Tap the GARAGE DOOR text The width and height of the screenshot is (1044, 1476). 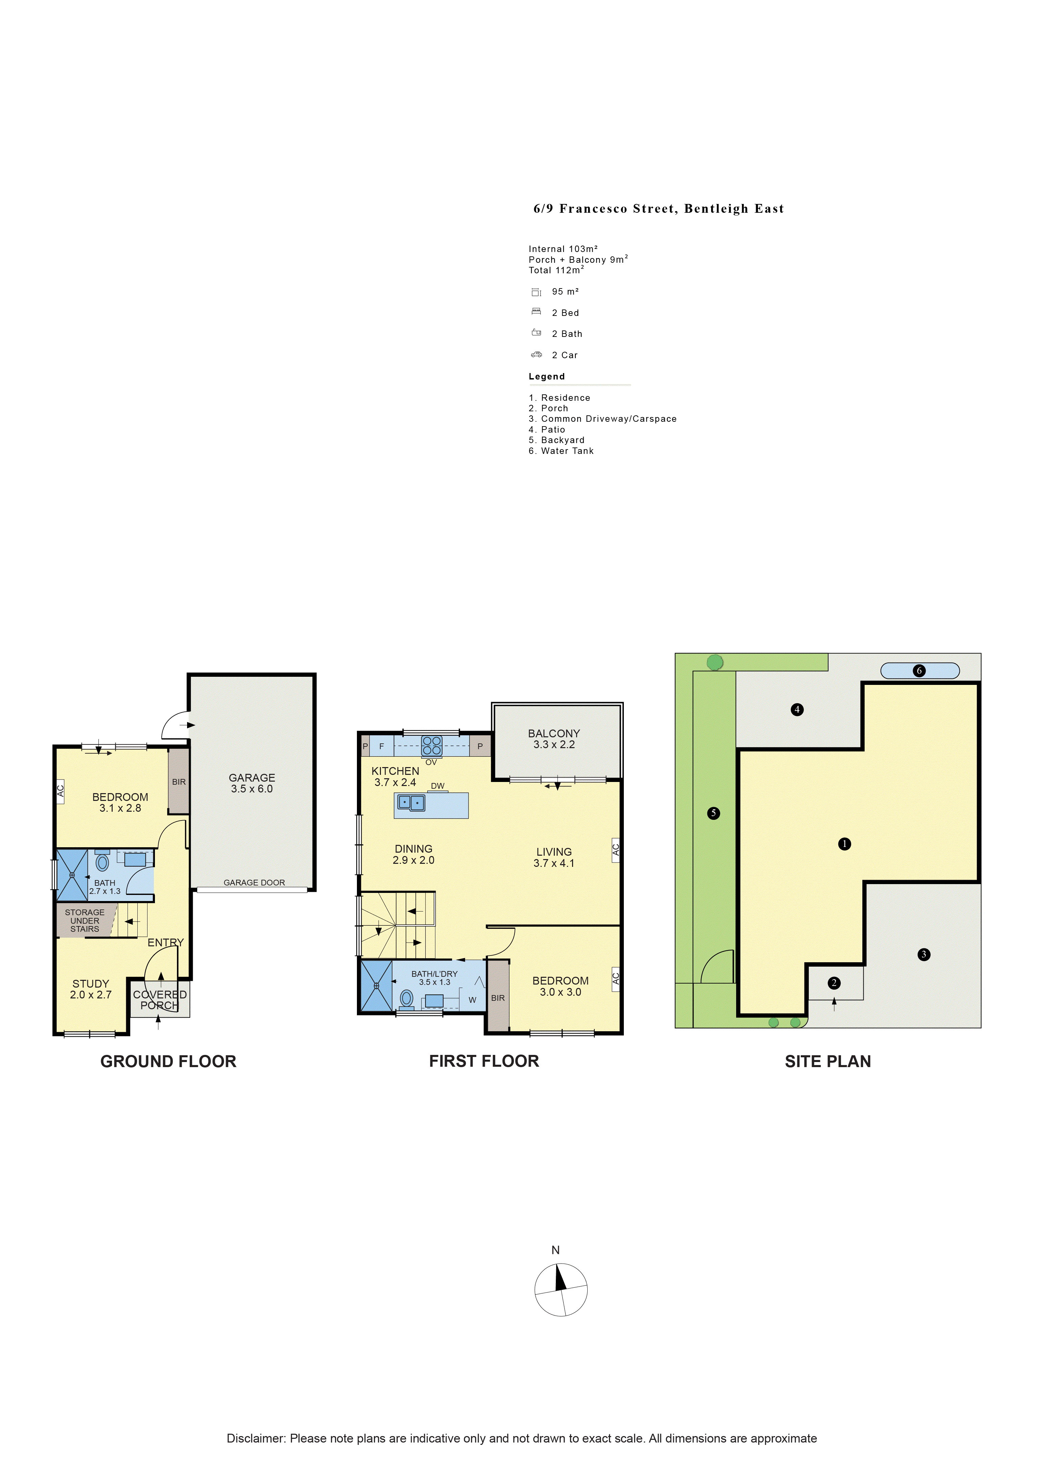point(254,883)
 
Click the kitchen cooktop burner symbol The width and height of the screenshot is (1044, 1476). point(431,746)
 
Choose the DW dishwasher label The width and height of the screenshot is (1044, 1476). point(438,786)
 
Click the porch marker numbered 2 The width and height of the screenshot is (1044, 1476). point(834,983)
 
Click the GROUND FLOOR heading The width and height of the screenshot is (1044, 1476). point(168,1061)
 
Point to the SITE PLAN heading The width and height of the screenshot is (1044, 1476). point(828,1061)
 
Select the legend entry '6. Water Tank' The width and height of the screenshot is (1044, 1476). point(561,451)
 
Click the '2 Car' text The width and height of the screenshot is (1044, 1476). point(564,355)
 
